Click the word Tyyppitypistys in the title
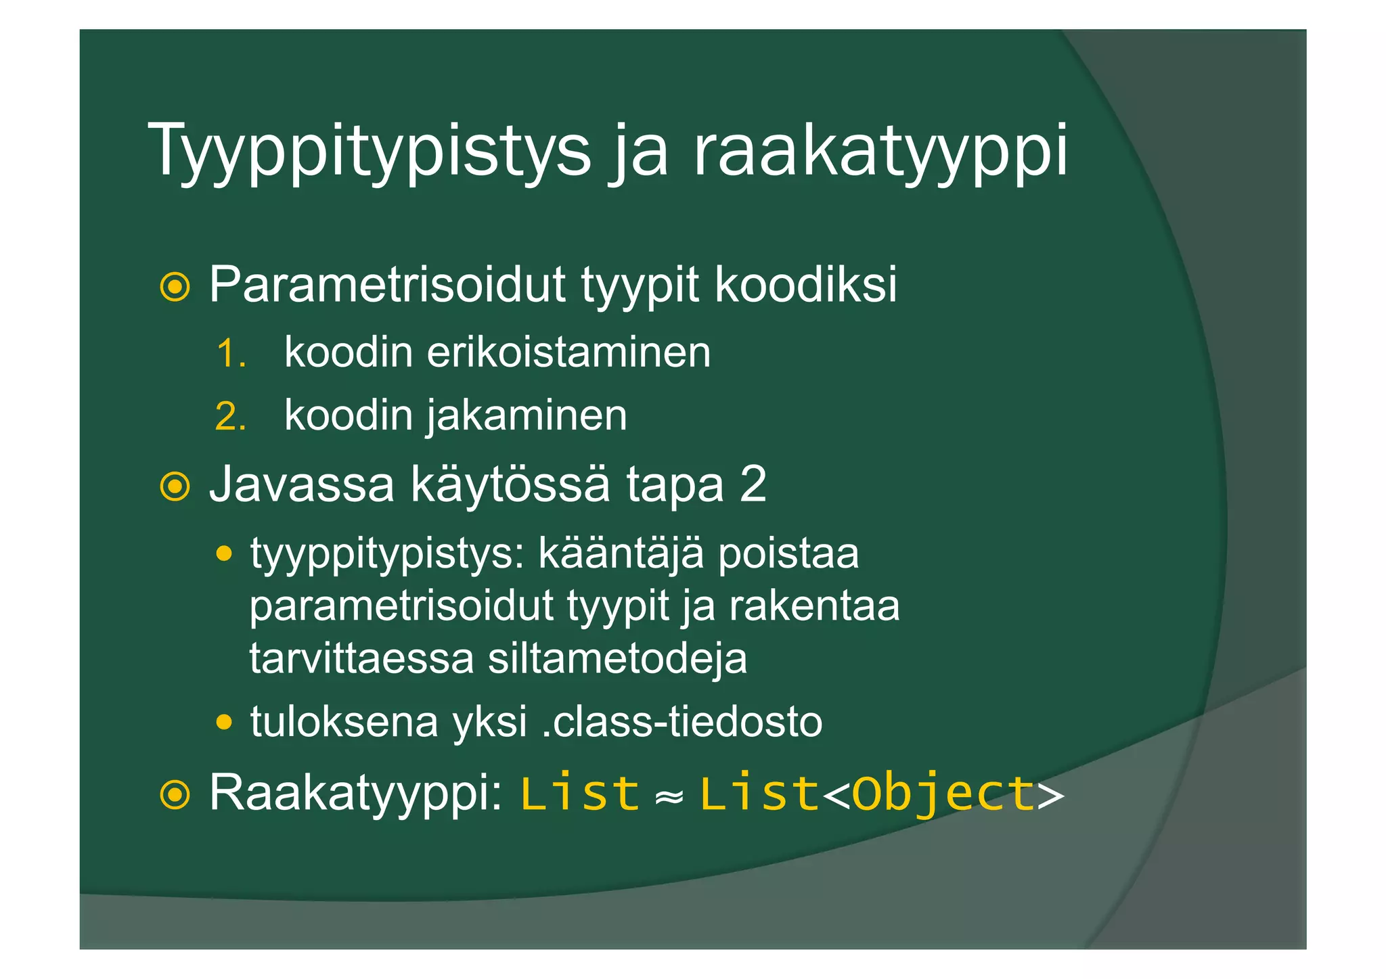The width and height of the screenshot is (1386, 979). click(373, 150)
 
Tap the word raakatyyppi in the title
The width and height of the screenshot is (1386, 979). click(880, 150)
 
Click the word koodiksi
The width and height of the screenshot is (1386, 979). click(806, 285)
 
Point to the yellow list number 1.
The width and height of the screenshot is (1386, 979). click(230, 354)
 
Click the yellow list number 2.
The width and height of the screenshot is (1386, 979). click(230, 416)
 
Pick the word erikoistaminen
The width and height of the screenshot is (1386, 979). click(568, 352)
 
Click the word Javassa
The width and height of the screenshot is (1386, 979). click(302, 484)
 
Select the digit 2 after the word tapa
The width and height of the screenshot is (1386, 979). click(753, 484)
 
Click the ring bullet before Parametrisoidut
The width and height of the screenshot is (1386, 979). click(175, 287)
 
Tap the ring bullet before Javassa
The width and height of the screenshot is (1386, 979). click(175, 486)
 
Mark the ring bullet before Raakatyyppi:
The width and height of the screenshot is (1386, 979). click(175, 795)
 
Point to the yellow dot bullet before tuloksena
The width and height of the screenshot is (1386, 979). click(224, 722)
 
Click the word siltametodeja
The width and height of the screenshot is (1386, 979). click(617, 658)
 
